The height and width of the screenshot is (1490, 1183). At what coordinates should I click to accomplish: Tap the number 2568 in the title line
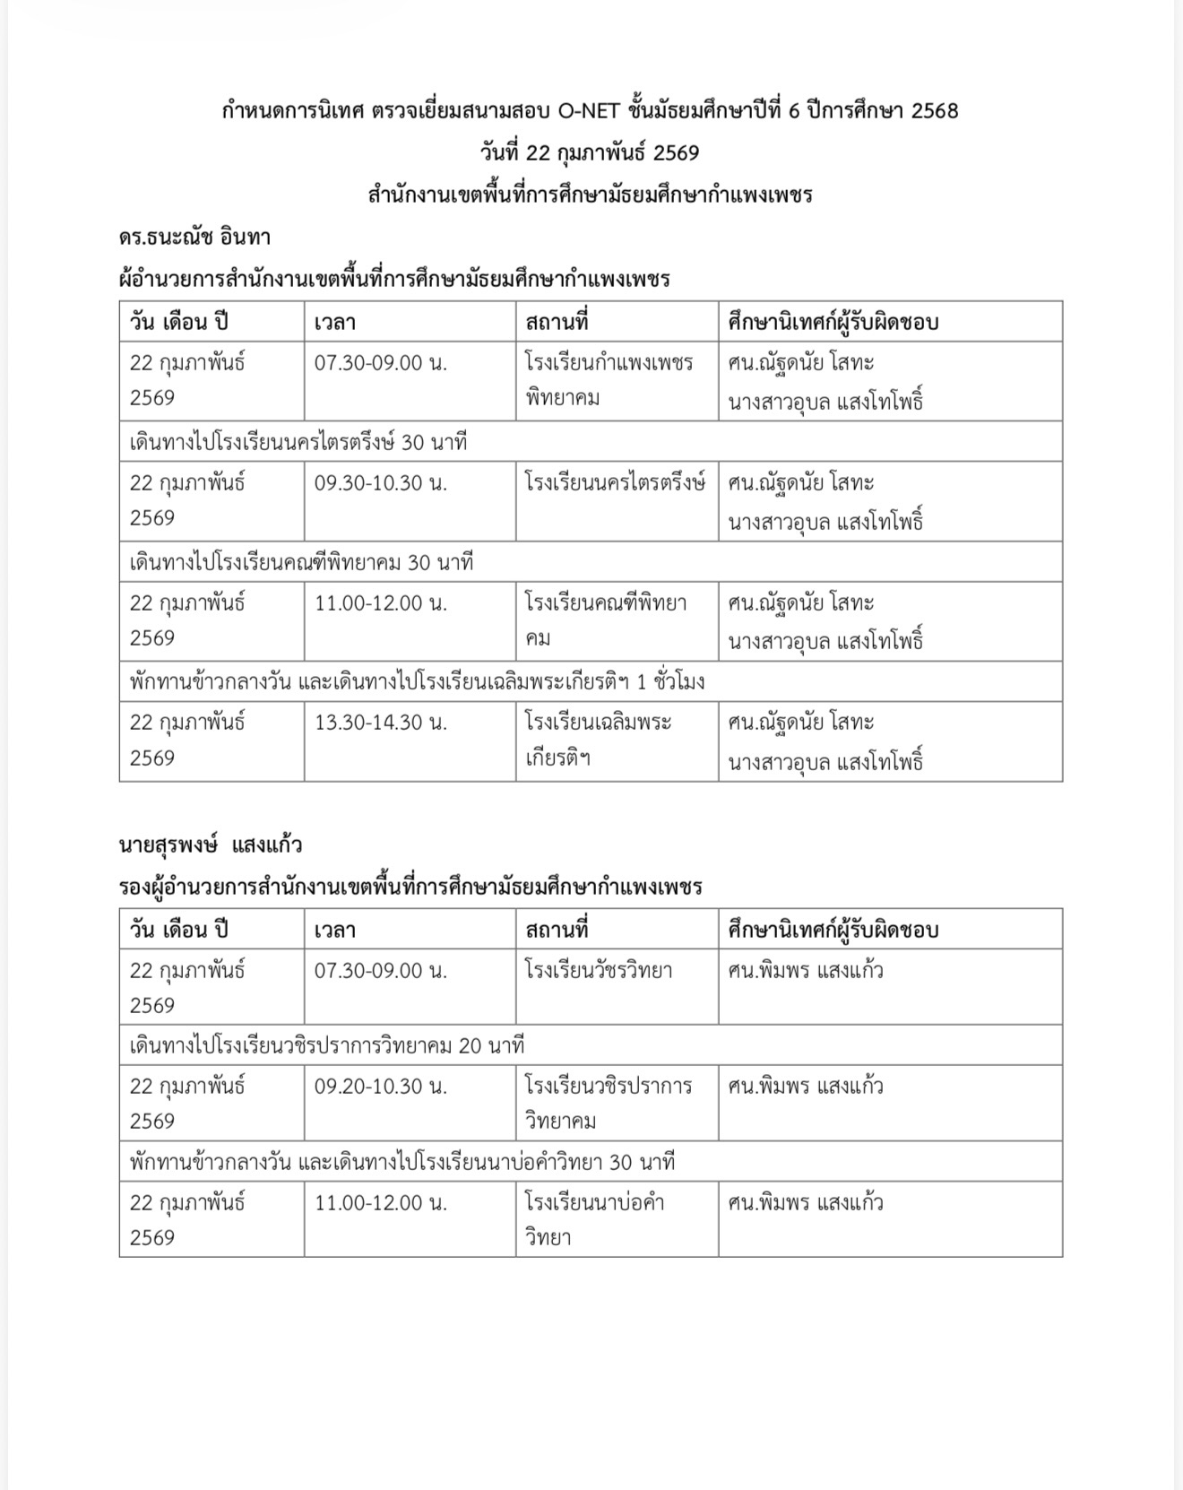pos(934,111)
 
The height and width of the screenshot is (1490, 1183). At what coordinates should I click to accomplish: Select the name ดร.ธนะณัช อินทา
pos(194,238)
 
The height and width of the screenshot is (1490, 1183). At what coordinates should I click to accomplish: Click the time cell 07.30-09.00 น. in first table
pos(380,364)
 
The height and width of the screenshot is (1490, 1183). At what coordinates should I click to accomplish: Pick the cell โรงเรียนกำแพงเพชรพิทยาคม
pos(609,380)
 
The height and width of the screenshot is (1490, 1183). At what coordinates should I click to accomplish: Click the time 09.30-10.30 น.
pos(380,483)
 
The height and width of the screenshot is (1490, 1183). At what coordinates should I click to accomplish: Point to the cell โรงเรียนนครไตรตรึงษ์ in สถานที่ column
pos(615,483)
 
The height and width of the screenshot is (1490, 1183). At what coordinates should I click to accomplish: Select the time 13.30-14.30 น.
pos(380,723)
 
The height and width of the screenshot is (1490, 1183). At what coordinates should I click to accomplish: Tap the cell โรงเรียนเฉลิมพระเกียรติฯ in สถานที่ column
pos(598,740)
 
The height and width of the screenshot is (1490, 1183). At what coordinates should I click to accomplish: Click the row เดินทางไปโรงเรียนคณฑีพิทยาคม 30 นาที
pos(301,563)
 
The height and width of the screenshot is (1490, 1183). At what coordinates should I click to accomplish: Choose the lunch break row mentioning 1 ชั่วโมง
pos(417,682)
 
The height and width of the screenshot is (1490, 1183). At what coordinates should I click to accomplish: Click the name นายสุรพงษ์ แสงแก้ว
pos(211,845)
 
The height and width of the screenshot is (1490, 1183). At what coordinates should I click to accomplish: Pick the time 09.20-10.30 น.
pos(380,1087)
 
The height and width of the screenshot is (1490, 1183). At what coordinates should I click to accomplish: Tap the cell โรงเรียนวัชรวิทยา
pos(599,971)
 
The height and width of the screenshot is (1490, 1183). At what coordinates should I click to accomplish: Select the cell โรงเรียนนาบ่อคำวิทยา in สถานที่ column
pos(594,1219)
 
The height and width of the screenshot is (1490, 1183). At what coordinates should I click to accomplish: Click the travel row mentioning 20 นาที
pos(326,1046)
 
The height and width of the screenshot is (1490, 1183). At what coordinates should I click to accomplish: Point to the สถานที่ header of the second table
pos(557,930)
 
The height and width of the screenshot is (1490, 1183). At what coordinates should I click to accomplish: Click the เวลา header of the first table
pos(335,323)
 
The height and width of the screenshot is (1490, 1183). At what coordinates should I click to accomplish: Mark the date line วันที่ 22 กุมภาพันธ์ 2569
pos(589,153)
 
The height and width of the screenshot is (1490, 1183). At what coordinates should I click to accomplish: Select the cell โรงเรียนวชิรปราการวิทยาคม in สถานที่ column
pos(609,1103)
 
